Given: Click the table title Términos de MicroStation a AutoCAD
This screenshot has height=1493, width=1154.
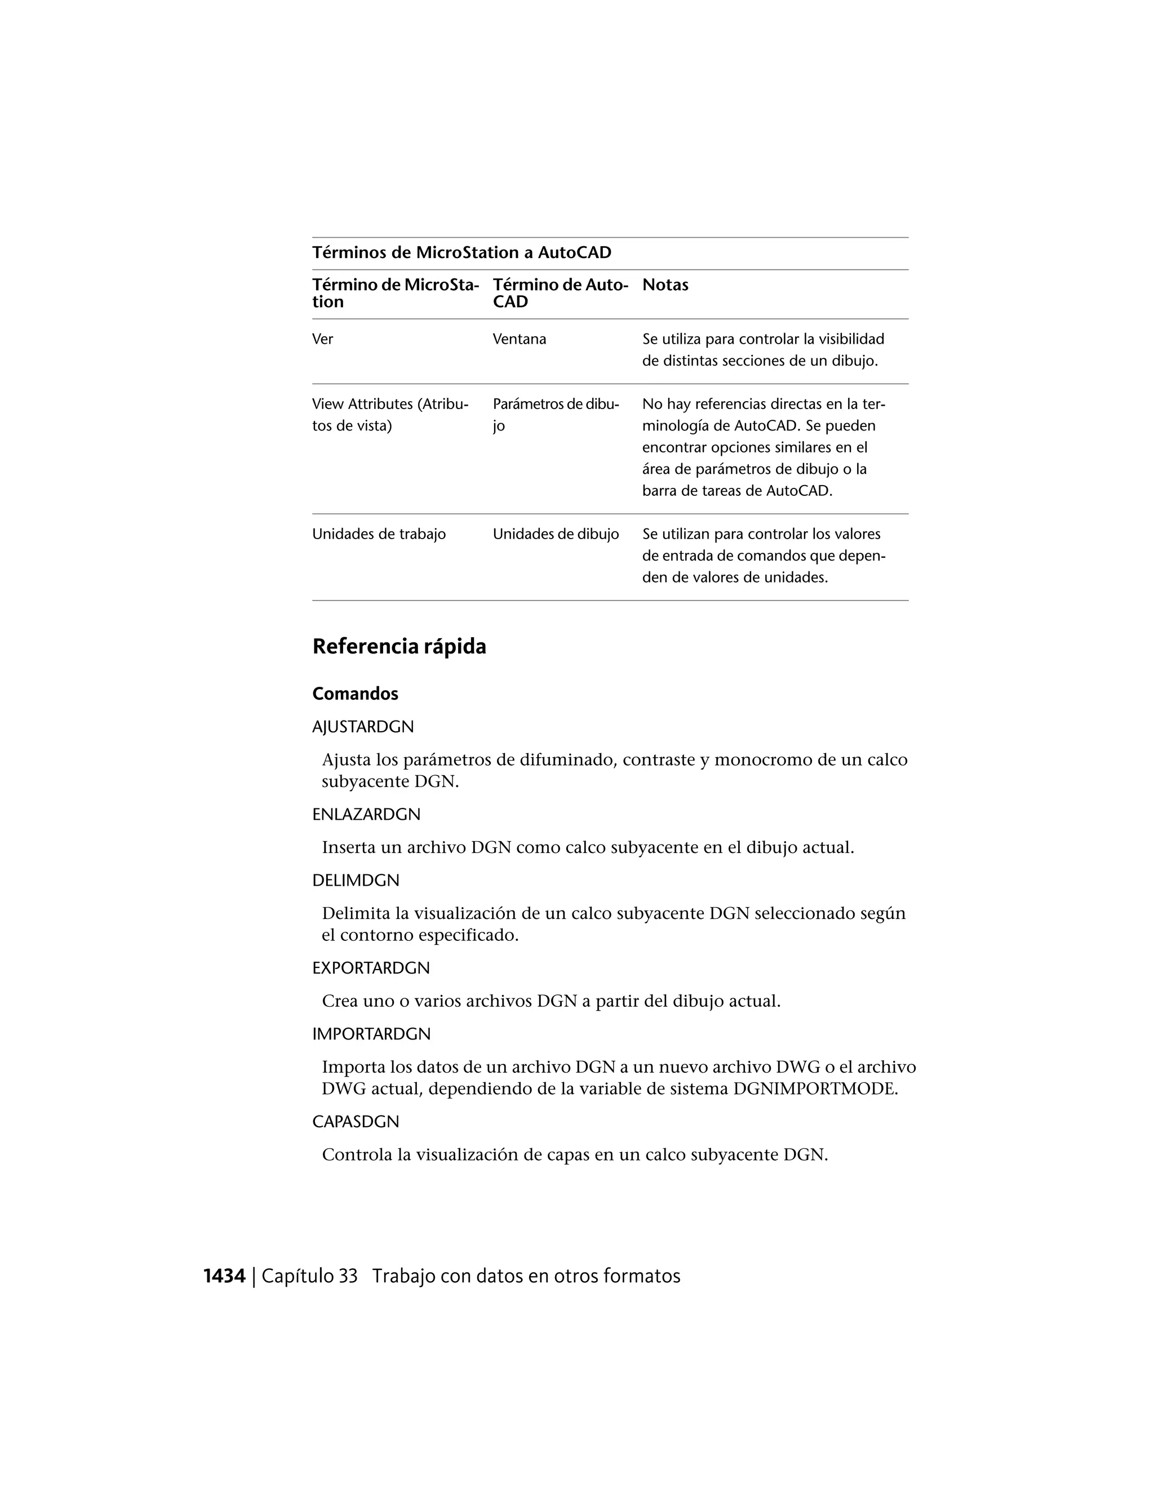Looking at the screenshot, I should tap(461, 253).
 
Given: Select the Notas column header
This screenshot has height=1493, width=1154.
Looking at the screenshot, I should tap(665, 285).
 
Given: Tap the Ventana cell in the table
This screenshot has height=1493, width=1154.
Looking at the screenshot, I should tap(520, 339).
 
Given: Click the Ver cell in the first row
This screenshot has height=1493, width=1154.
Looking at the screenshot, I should tap(323, 339).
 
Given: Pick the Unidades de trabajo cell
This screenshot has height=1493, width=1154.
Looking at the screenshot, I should tap(379, 534).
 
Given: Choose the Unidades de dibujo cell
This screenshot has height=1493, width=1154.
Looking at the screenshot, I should tap(556, 534).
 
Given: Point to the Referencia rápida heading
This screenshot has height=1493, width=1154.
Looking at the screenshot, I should tap(400, 646).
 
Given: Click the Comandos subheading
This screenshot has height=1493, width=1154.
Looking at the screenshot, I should tap(355, 694).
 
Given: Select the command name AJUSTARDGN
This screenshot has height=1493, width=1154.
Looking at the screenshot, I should tap(363, 727).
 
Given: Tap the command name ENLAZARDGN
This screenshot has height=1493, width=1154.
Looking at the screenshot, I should tap(366, 815).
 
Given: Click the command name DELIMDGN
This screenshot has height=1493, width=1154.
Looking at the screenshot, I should tap(356, 881).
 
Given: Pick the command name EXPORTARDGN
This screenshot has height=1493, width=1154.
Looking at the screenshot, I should tap(371, 968).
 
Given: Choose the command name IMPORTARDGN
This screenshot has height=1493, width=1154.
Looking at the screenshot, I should tap(371, 1034).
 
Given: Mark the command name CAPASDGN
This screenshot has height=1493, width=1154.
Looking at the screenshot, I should tap(356, 1122).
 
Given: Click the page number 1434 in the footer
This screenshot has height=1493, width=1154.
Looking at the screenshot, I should tap(224, 1276).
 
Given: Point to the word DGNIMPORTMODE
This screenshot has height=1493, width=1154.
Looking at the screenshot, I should tap(815, 1088).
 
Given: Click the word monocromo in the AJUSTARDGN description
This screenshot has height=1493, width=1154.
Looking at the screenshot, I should tap(763, 759).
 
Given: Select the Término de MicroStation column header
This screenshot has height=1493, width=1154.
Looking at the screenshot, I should tap(395, 294).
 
